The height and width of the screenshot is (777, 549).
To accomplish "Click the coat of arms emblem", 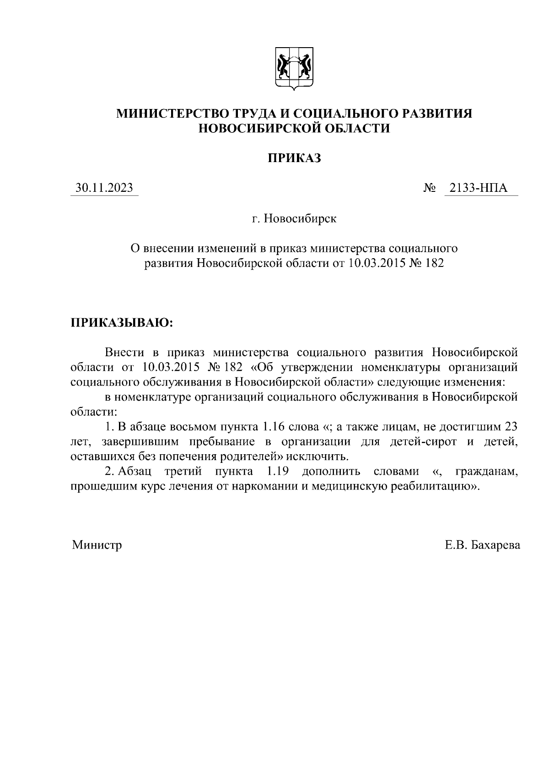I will click(x=294, y=69).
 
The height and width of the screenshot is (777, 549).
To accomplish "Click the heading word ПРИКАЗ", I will click(x=294, y=158).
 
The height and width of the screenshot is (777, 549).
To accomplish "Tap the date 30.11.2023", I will click(x=104, y=188).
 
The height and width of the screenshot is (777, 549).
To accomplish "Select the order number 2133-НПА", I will click(x=479, y=188).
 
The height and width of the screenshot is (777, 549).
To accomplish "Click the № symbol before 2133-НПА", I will click(x=429, y=188).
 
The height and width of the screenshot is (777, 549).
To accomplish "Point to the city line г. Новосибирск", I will click(x=294, y=218).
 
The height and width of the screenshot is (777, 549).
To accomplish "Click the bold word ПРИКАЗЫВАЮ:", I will click(x=122, y=322).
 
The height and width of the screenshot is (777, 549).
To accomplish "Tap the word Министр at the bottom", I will click(x=97, y=545).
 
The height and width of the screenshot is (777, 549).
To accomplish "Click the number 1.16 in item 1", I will click(x=272, y=427).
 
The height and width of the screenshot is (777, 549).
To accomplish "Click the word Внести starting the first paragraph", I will click(x=124, y=352).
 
